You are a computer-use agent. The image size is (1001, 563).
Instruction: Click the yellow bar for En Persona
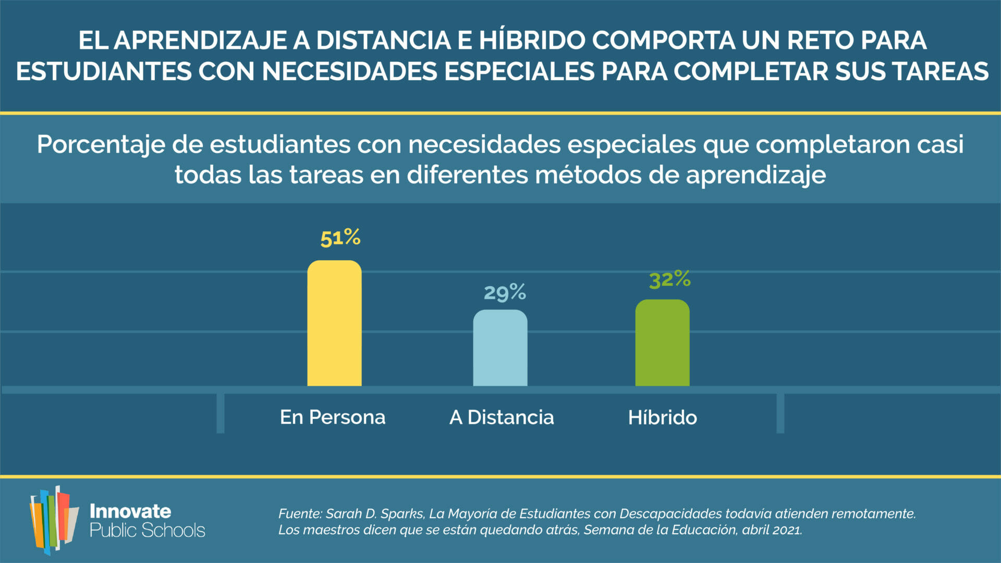334,323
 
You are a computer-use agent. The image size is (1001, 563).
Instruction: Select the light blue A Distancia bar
500,348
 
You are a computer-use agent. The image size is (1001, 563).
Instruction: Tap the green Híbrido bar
662,343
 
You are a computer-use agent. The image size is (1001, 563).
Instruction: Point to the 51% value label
340,238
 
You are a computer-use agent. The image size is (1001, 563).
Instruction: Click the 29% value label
505,292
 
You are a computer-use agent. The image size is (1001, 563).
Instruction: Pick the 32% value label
670,280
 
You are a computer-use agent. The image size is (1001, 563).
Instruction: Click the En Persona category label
333,417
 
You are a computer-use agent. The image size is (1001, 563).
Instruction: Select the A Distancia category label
502,417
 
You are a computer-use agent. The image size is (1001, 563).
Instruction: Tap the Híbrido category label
662,417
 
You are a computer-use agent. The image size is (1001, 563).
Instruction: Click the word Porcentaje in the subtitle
101,145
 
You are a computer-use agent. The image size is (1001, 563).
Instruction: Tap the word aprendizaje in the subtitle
755,175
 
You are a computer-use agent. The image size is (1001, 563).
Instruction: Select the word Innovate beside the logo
130,511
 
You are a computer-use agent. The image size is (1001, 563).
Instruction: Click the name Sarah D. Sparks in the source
374,513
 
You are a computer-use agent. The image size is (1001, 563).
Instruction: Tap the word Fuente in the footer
299,513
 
